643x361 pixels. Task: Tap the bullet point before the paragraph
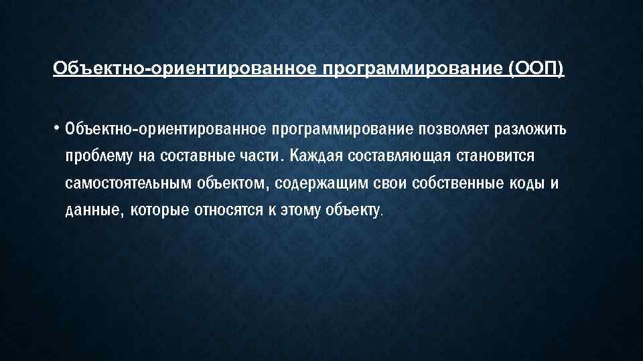57,126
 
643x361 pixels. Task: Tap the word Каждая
315,156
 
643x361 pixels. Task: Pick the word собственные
453,184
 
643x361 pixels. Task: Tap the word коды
525,184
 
